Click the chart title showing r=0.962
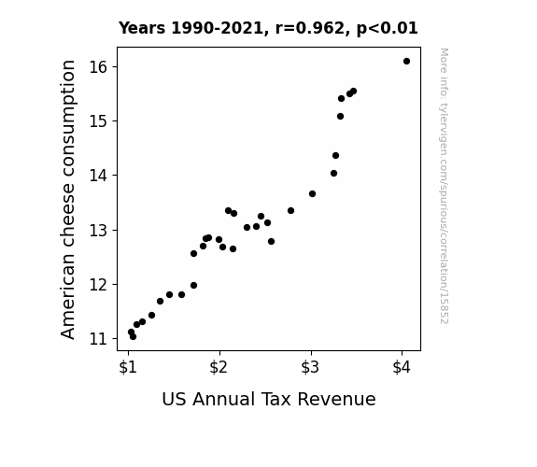[x=268, y=28]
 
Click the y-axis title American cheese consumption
[x=68, y=199]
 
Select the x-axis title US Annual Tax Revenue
[x=269, y=400]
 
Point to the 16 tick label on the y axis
[x=98, y=67]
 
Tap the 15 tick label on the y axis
[x=98, y=121]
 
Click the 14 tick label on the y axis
[x=98, y=176]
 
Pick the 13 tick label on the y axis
[x=98, y=230]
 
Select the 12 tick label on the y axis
[x=98, y=284]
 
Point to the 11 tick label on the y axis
[x=98, y=339]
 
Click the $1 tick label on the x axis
[x=128, y=367]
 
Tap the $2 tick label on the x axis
[x=219, y=367]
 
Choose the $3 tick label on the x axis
[x=310, y=367]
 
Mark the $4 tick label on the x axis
[x=402, y=367]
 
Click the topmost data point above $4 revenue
[x=406, y=62]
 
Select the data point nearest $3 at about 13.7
[x=312, y=194]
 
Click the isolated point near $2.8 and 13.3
[x=290, y=211]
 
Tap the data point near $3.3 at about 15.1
[x=340, y=117]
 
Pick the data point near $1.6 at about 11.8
[x=181, y=294]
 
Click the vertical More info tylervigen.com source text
[x=444, y=186]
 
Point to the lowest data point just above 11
[x=133, y=337]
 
